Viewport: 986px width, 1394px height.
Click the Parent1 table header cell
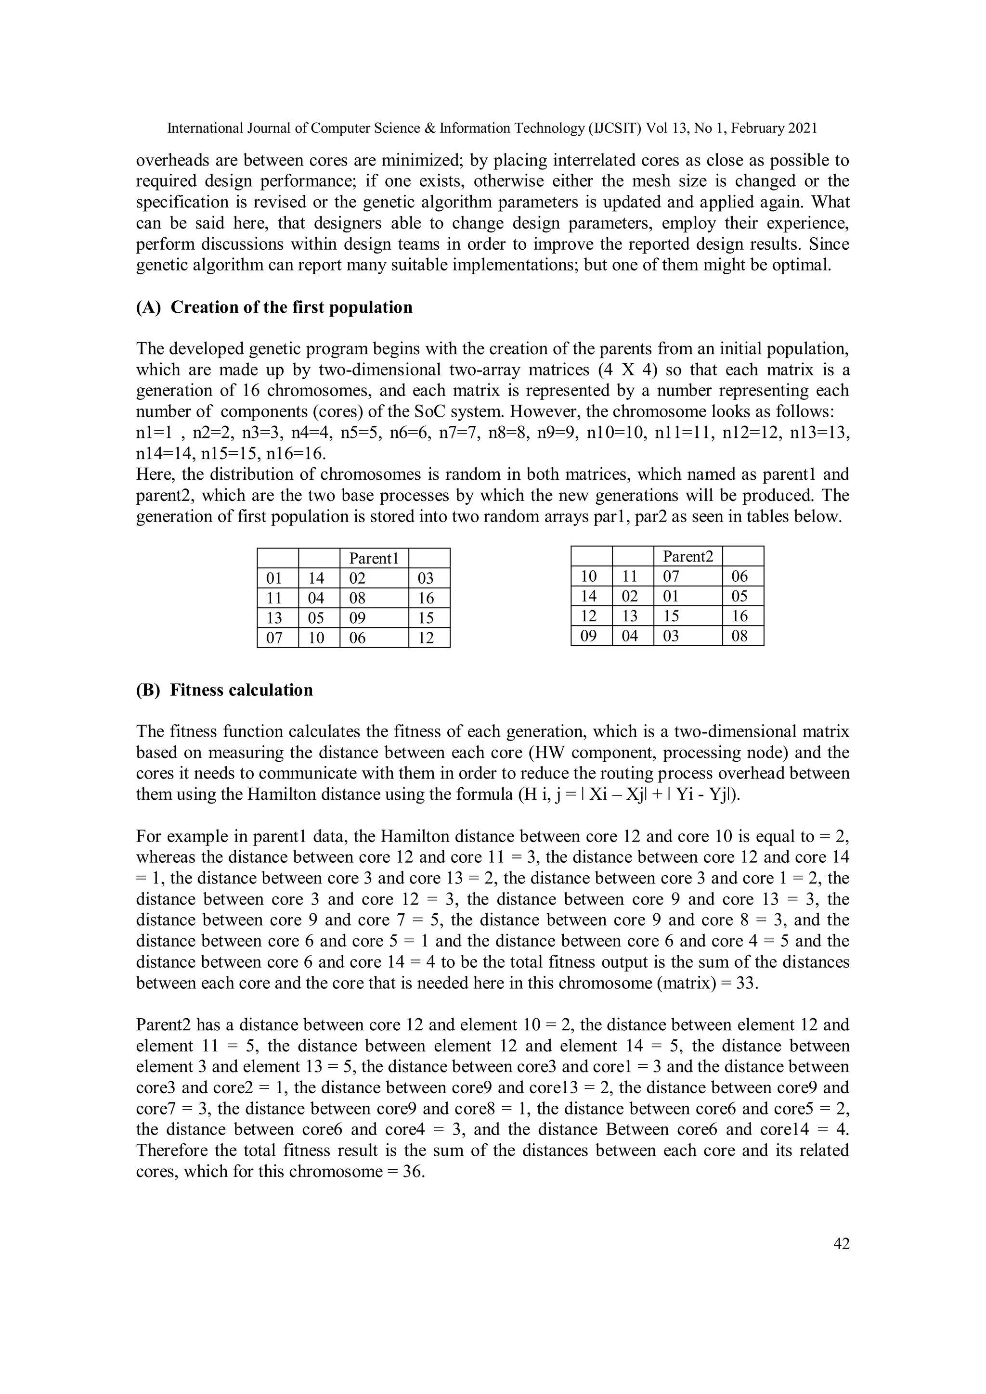pyautogui.click(x=374, y=559)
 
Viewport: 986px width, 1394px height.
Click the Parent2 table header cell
pyautogui.click(x=687, y=556)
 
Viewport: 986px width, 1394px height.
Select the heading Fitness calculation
pyautogui.click(x=241, y=690)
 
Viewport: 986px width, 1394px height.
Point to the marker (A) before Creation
pyautogui.click(x=148, y=307)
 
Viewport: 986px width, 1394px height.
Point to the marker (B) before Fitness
pyautogui.click(x=148, y=690)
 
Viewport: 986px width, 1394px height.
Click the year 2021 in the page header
pyautogui.click(x=803, y=128)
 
